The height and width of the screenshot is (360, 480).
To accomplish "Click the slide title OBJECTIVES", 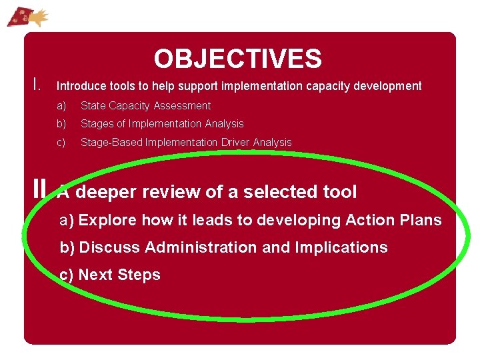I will [x=237, y=59].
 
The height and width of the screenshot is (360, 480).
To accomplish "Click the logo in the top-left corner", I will [x=27, y=15].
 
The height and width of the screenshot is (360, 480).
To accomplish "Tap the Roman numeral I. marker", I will [x=38, y=85].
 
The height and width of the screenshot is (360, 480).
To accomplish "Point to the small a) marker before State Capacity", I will [x=61, y=106].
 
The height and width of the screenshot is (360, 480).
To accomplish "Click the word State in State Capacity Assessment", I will [x=93, y=106].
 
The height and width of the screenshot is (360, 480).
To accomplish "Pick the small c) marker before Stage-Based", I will [x=61, y=143].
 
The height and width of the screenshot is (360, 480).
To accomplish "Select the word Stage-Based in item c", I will [x=111, y=143].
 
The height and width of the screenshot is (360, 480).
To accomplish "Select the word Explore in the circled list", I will [x=107, y=221].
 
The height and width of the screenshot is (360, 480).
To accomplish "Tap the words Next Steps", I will [x=119, y=275].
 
